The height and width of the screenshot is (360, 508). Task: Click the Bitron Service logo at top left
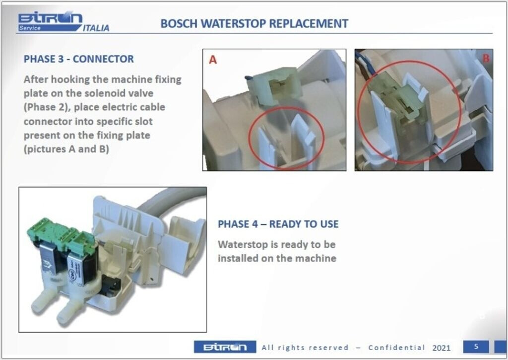[50, 21]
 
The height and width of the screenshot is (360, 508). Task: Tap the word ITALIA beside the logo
[96, 28]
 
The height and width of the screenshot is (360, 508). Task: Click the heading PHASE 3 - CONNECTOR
[79, 59]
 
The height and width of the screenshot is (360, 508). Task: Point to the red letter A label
[212, 60]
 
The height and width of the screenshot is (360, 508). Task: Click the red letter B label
[486, 59]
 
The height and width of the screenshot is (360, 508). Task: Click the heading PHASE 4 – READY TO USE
[278, 224]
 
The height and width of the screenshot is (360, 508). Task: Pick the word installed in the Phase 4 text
[234, 259]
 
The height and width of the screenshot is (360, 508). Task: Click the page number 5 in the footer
[476, 347]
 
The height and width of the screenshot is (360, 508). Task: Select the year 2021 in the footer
[441, 348]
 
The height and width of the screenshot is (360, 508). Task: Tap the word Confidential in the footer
[396, 348]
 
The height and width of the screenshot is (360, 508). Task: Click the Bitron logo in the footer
[225, 347]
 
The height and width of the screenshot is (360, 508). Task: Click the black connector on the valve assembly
[110, 285]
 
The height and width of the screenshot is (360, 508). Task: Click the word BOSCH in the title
[179, 24]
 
